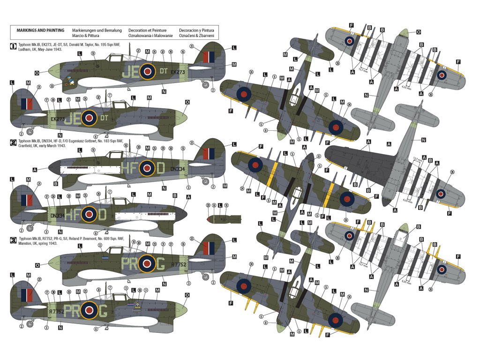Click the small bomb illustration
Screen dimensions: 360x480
coord(224,218)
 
